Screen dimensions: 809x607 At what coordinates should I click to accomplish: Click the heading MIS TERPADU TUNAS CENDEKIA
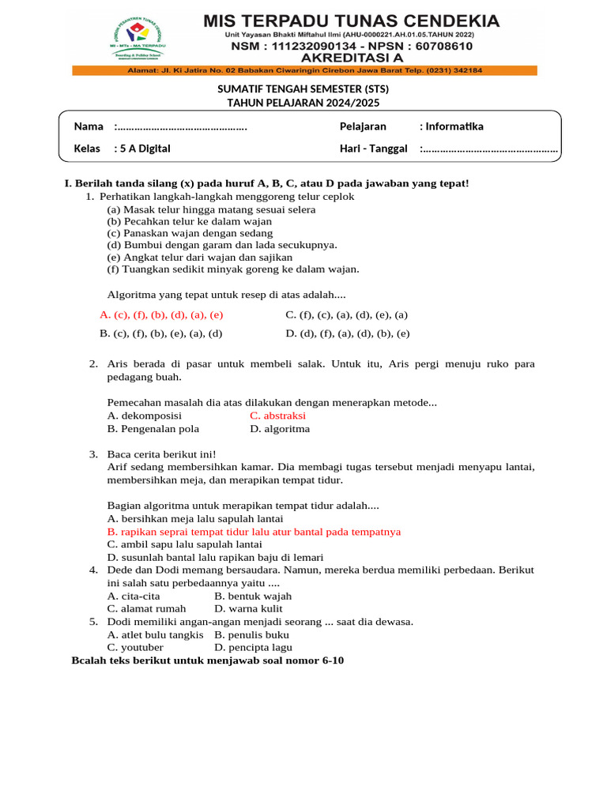tap(352, 21)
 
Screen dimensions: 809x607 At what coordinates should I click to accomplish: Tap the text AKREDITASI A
tap(352, 57)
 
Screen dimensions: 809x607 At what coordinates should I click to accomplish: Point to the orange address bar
tap(304, 70)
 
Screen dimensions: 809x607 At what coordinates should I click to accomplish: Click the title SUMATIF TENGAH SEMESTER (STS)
tap(303, 89)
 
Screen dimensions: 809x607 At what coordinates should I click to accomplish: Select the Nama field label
tap(89, 126)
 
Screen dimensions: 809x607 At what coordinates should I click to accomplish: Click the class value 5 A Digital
tap(144, 148)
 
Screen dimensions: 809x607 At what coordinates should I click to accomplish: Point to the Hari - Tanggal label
tap(373, 148)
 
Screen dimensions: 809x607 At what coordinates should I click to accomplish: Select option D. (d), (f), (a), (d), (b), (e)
tap(348, 333)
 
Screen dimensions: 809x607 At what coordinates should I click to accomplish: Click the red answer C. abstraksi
tap(277, 416)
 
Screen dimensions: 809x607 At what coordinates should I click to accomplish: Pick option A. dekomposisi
tap(145, 416)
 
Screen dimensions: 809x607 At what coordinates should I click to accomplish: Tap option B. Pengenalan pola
tap(153, 429)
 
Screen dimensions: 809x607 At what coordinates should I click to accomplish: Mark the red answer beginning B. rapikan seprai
tap(254, 532)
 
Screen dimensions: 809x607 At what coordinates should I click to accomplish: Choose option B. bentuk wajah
tap(253, 596)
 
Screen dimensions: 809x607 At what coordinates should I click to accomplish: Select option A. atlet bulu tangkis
tap(155, 635)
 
